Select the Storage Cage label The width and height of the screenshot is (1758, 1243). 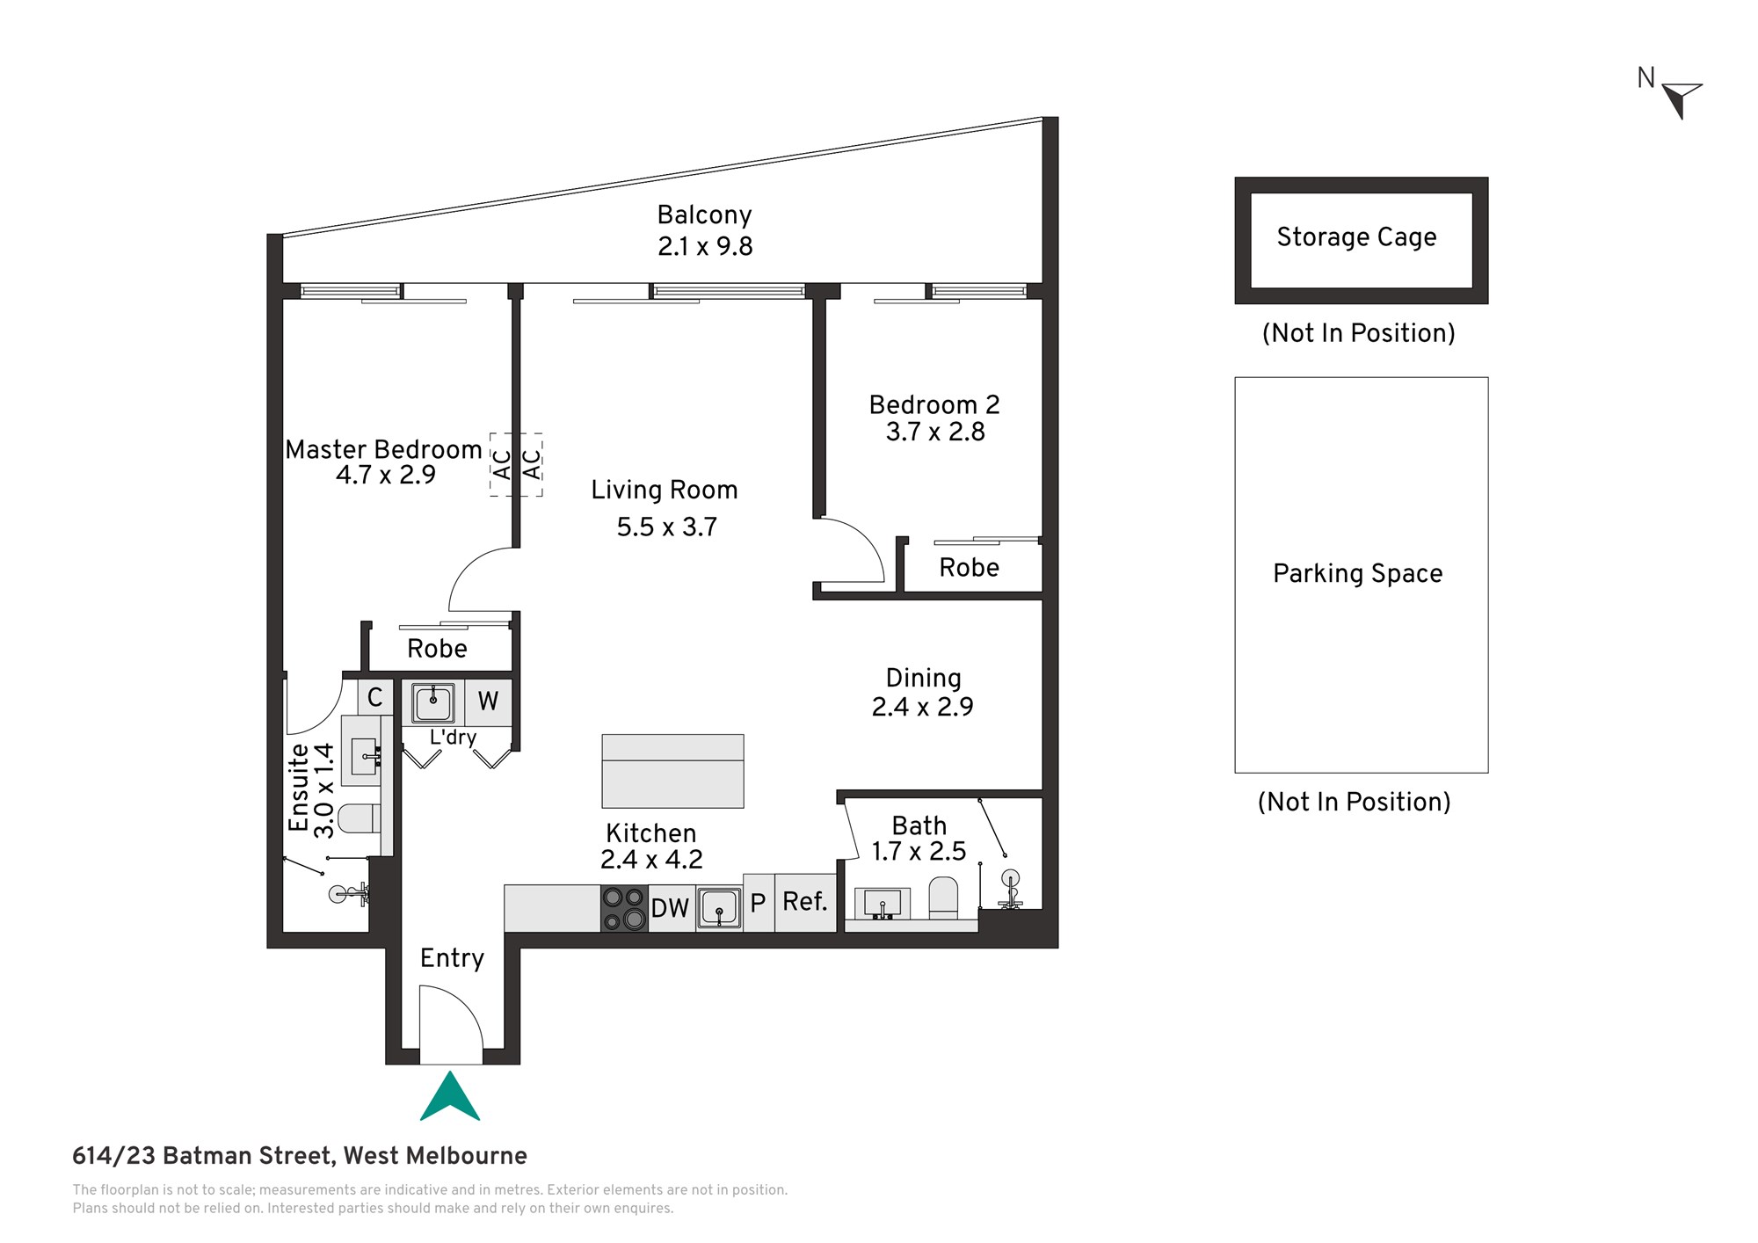(1356, 237)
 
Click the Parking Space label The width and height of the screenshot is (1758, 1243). (1358, 573)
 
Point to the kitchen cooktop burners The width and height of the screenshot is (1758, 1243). (624, 909)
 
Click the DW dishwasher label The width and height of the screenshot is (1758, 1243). (670, 909)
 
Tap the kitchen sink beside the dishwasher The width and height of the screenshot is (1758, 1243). (719, 908)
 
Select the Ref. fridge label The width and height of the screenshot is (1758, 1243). (805, 902)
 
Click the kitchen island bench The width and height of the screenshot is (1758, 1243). (672, 771)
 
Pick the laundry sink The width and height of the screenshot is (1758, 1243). (433, 703)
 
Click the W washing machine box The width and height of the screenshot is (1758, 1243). (488, 701)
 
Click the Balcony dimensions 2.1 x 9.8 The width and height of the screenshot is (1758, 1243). (705, 247)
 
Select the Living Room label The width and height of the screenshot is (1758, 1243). (665, 490)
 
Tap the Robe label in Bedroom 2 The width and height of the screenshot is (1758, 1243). (969, 568)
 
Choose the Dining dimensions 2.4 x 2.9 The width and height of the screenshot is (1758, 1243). (922, 707)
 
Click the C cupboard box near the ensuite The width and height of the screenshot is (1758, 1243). (375, 697)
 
